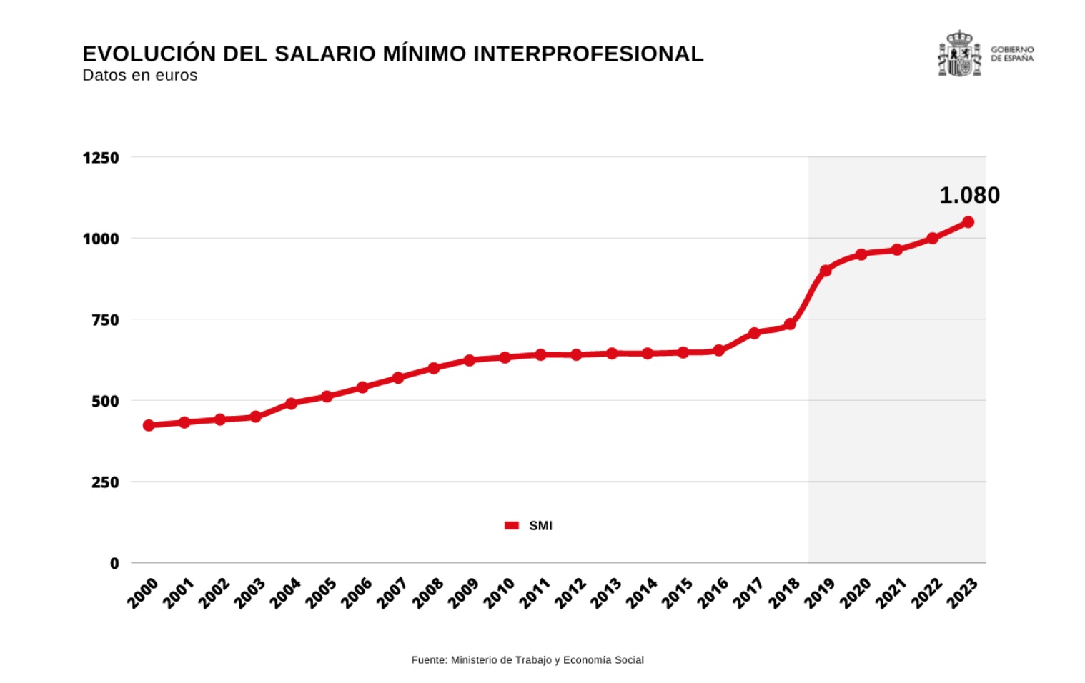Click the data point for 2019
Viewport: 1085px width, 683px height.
(826, 271)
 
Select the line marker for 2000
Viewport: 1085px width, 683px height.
(149, 425)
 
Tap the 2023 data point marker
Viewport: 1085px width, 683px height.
(968, 222)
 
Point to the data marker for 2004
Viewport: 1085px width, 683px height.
(291, 404)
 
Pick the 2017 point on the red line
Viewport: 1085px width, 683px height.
(754, 333)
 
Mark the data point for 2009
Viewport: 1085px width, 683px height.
(470, 360)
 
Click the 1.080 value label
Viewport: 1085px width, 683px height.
(969, 195)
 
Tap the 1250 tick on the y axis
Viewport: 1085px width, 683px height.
(101, 158)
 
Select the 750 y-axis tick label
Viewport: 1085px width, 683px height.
(105, 320)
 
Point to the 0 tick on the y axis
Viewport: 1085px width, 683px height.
(114, 564)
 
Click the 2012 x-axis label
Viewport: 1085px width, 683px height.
(570, 594)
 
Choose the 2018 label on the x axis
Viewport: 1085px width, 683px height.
(784, 594)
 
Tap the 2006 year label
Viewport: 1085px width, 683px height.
(356, 594)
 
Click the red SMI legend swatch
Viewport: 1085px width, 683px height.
(512, 526)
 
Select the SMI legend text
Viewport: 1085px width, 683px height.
(540, 526)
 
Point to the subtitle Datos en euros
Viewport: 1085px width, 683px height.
(140, 76)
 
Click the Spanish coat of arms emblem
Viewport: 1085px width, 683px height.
(959, 54)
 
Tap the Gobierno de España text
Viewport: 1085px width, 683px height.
(1011, 54)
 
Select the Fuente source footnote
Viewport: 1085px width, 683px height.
(527, 660)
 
